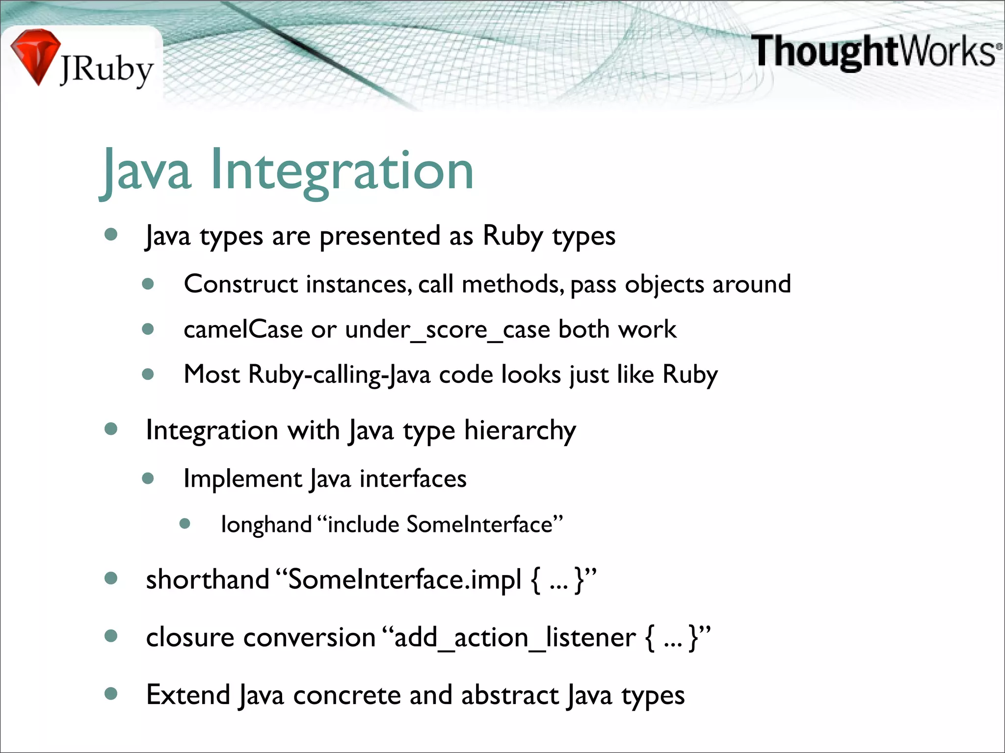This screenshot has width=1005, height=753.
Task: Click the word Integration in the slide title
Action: pos(342,170)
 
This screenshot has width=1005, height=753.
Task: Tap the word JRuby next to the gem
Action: pos(107,70)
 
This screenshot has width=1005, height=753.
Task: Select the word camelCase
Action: pos(243,329)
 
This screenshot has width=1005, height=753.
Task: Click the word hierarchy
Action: pos(520,430)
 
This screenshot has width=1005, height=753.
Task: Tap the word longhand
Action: pos(266,525)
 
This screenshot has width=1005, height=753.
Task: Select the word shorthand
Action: pos(208,579)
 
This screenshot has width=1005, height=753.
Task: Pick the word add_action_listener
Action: pos(515,637)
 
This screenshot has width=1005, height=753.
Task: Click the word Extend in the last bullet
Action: pos(188,695)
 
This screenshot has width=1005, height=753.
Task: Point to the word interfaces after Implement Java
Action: pos(413,478)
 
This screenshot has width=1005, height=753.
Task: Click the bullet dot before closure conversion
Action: pos(111,636)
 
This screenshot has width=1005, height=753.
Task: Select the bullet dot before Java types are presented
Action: pos(111,234)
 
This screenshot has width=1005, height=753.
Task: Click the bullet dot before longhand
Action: pos(185,524)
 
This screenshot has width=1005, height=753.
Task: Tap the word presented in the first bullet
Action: pos(379,236)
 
